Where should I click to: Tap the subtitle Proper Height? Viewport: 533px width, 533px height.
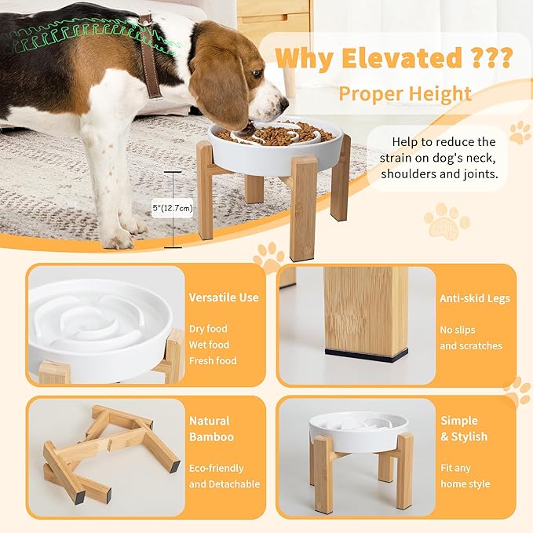[405, 95]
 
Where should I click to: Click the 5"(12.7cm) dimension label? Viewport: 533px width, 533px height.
[172, 208]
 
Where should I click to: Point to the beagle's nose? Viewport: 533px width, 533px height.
[284, 103]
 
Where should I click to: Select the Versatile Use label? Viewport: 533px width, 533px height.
[224, 298]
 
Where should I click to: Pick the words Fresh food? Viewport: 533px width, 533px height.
[213, 361]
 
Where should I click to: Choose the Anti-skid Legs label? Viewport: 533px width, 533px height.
[475, 298]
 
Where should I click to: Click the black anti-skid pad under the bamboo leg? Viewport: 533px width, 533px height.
[366, 354]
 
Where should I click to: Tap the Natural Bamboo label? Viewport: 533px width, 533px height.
[211, 429]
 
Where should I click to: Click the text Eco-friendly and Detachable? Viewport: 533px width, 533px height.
[224, 476]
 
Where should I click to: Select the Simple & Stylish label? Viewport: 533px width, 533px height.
[464, 429]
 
